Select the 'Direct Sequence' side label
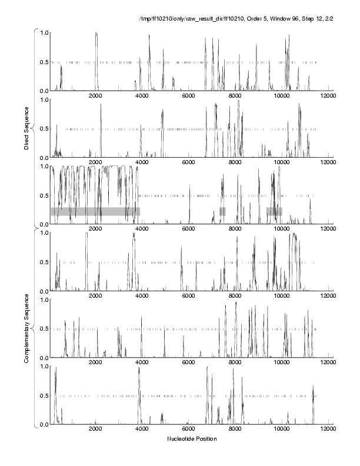pos(26,128)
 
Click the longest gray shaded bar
pos(95,211)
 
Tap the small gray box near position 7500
pos(222,211)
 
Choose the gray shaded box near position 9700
pos(274,211)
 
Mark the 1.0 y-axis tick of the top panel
pos(44,32)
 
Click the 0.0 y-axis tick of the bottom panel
pos(44,425)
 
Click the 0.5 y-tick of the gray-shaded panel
pos(44,195)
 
